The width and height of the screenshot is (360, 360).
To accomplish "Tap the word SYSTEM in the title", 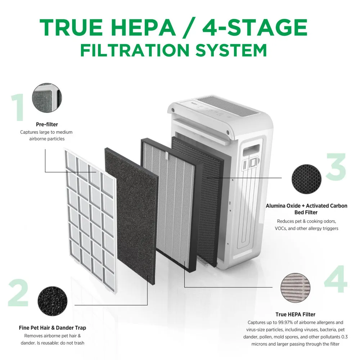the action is (x=231, y=50).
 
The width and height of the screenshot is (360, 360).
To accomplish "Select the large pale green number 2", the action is (x=18, y=293).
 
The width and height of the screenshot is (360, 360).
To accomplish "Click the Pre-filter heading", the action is (x=47, y=125).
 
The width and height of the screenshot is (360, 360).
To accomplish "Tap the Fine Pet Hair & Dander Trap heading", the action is (x=52, y=328).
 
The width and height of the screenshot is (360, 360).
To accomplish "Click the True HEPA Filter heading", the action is (x=295, y=314).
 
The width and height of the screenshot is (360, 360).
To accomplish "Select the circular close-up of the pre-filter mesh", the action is (x=47, y=98).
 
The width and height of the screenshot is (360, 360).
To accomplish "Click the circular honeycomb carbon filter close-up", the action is (x=306, y=179).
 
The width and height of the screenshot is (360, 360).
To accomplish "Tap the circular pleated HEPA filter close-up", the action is (x=295, y=288).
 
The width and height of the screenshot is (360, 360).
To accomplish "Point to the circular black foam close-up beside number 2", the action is (x=52, y=301).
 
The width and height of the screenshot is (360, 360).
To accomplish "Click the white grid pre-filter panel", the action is (x=90, y=220).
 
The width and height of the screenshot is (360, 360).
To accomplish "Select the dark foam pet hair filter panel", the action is (x=131, y=216).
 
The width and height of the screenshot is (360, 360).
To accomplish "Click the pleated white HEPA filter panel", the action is (x=171, y=204).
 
